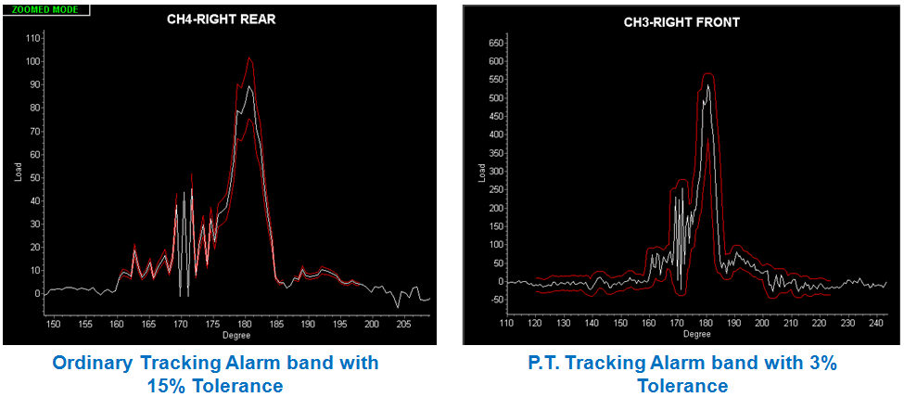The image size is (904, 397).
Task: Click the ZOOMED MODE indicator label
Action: coord(46,10)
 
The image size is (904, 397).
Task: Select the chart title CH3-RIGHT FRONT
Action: coord(681,22)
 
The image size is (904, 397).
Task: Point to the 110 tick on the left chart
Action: coord(33,38)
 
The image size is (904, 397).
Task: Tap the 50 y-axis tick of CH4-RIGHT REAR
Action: coord(35,177)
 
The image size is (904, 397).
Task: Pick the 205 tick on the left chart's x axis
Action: coord(403,324)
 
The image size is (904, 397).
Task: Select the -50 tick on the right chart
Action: coord(495,300)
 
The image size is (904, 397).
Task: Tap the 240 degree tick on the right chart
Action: coord(873,324)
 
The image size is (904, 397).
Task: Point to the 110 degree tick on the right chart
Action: coord(507,324)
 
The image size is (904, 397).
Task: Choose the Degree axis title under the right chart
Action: coord(697,335)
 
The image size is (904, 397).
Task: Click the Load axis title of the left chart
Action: coord(19,172)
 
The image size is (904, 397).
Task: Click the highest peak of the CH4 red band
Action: coord(248,58)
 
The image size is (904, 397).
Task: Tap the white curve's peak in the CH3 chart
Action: coord(707,85)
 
